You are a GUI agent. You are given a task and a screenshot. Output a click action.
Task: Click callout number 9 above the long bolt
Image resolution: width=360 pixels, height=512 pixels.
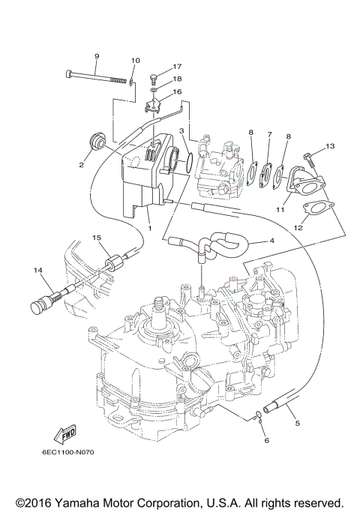point(96,56)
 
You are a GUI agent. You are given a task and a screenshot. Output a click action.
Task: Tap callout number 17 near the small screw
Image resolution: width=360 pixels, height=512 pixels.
point(178,67)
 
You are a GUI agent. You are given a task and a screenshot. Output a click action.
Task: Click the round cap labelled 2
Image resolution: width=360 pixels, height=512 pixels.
point(97,142)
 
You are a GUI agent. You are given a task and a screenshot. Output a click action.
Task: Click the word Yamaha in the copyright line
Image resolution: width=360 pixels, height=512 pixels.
point(89,502)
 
